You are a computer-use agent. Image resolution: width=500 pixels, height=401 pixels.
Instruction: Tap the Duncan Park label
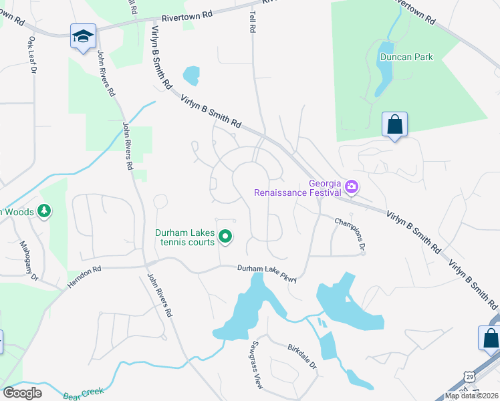tap(406, 57)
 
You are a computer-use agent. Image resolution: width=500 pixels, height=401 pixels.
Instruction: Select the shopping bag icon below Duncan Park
tap(394, 124)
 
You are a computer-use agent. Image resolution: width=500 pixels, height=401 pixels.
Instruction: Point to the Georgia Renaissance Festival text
tap(298, 188)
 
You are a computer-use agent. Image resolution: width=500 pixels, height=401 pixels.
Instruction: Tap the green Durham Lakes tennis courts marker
tap(226, 236)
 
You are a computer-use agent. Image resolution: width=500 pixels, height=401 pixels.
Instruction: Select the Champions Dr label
tap(350, 234)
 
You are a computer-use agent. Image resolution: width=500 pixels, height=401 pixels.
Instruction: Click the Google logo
tap(22, 393)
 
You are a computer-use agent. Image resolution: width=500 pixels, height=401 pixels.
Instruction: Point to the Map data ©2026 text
tap(472, 396)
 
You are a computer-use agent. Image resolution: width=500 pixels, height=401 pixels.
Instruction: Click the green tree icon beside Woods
tap(44, 211)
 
